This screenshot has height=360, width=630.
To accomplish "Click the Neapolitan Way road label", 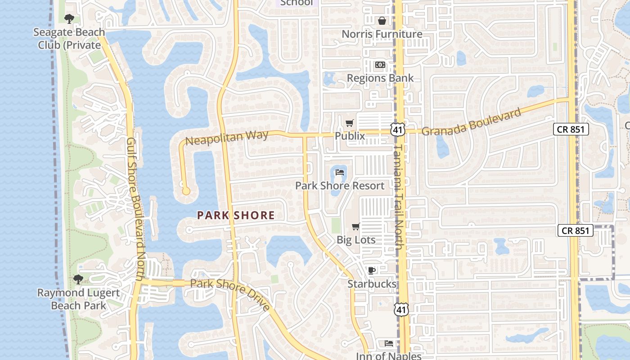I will [227, 137].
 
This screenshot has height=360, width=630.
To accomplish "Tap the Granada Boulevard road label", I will [472, 121].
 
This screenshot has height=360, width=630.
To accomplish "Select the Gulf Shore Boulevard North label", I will [135, 209].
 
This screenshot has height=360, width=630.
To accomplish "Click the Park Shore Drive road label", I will [230, 295].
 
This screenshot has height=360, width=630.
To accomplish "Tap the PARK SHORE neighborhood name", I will [236, 216].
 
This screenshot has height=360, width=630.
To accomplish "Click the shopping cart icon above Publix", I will [350, 123].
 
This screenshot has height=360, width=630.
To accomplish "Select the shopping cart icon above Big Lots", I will [355, 227].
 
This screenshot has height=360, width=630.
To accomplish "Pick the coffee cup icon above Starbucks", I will [372, 270].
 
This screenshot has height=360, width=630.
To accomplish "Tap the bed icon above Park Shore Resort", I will [340, 172].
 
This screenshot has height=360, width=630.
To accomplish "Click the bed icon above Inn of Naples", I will [389, 343].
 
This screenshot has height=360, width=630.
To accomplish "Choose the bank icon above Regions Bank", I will [380, 65].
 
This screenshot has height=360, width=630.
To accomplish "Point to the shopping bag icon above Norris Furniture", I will [382, 21].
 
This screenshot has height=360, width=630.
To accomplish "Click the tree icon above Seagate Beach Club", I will [69, 19].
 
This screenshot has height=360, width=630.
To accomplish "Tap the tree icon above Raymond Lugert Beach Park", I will [78, 279].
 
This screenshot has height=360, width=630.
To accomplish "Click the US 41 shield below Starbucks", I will [402, 309].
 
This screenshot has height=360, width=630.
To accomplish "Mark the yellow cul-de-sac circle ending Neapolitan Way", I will [186, 191].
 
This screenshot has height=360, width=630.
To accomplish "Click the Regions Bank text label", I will [380, 78].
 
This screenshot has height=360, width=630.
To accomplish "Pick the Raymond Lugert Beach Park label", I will [78, 299].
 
